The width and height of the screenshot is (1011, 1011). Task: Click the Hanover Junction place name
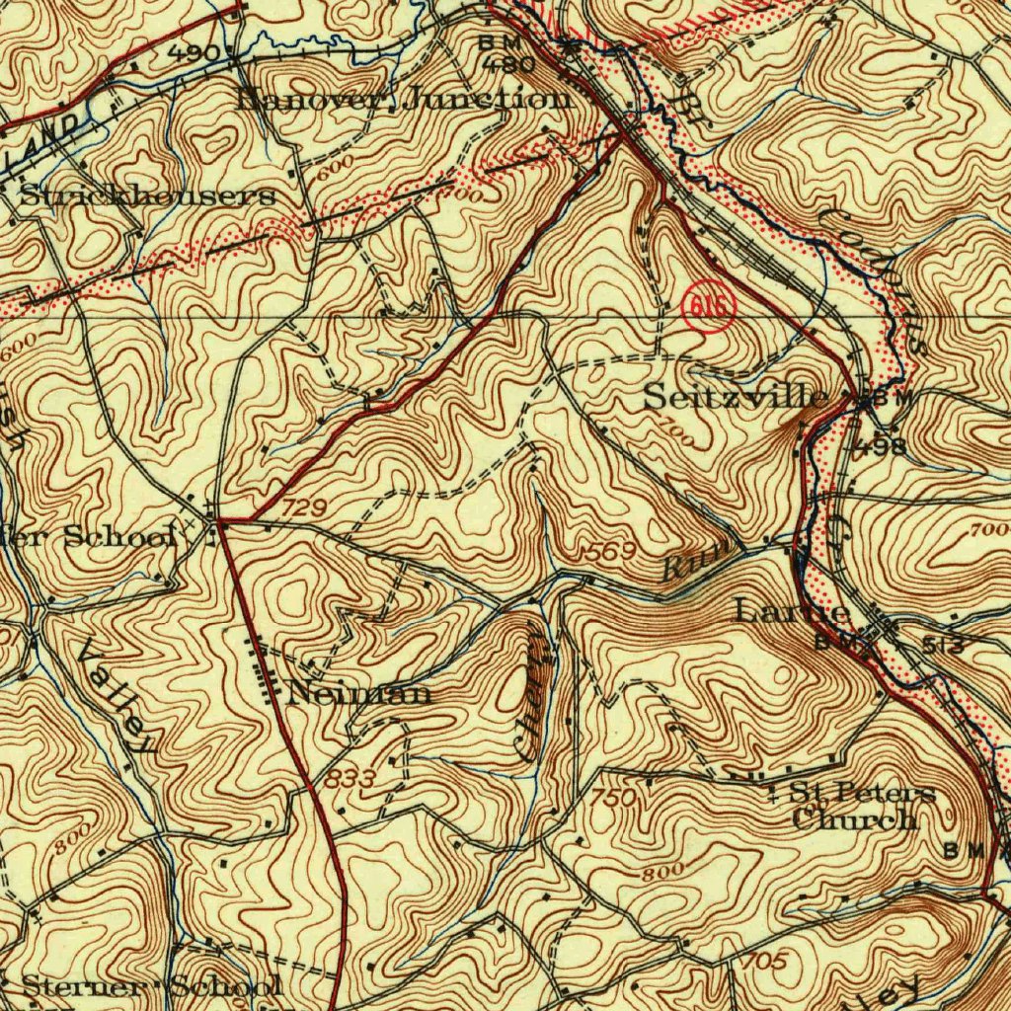pos(404,99)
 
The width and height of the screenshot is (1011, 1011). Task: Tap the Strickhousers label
pos(147,195)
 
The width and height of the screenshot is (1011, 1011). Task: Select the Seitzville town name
pos(736,398)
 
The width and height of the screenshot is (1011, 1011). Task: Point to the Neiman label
pos(359,693)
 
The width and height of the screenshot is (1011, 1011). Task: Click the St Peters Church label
pos(855,806)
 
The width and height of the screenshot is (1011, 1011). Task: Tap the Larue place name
pos(793,612)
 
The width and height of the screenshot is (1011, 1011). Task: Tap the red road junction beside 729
pos(218,518)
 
